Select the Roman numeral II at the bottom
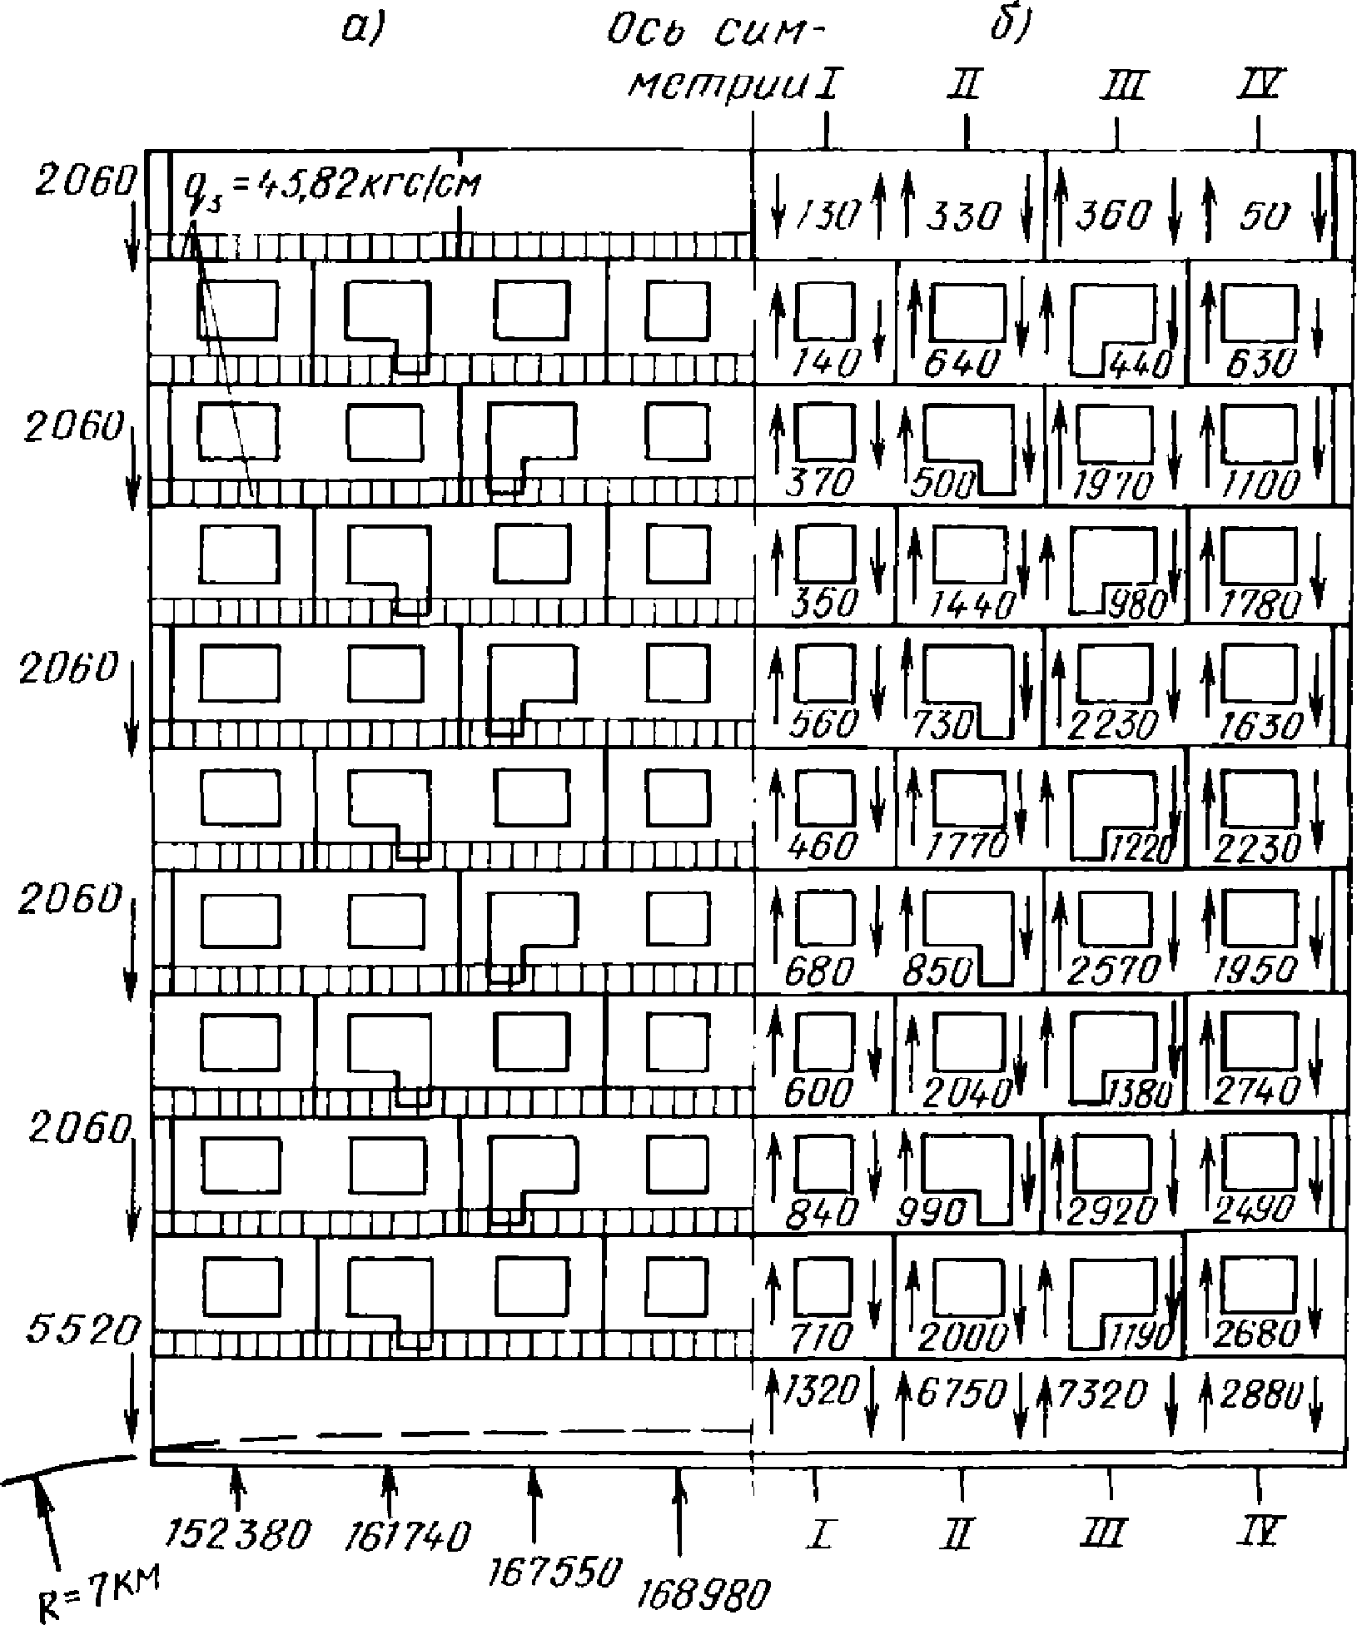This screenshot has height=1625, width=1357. [x=960, y=1532]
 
